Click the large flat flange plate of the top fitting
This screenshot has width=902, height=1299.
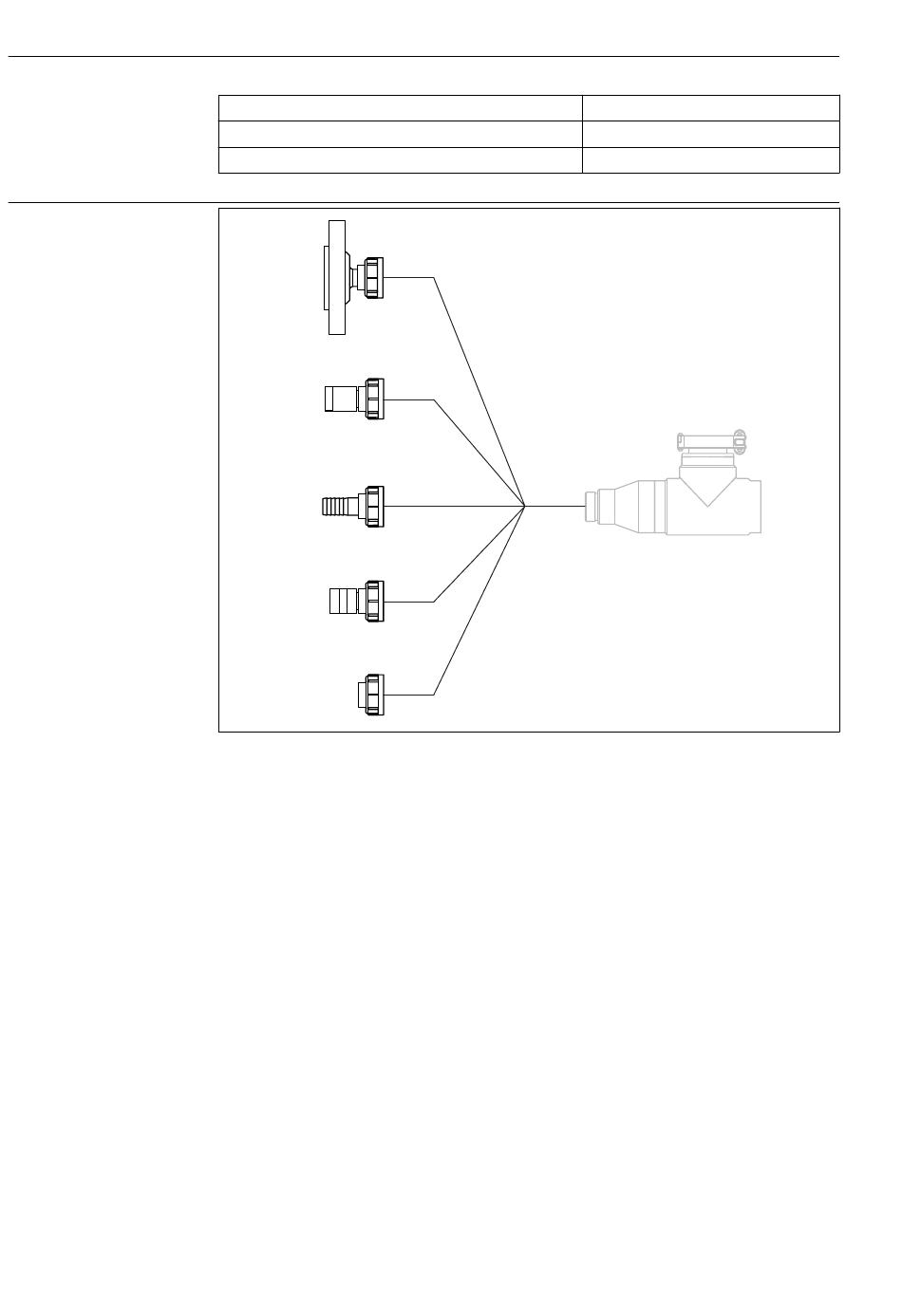(335, 276)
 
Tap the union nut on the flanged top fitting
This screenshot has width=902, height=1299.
(375, 277)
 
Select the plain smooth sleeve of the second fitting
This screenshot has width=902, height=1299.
(339, 399)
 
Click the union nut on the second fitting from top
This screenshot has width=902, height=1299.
(375, 399)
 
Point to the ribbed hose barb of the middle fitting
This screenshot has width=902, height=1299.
(338, 506)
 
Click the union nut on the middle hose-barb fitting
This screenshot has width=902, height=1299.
(375, 506)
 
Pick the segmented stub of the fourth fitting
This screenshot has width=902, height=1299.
(342, 601)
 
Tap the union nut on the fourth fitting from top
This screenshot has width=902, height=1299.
(375, 601)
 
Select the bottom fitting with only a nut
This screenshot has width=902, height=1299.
(370, 695)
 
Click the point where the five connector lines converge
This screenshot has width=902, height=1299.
(525, 506)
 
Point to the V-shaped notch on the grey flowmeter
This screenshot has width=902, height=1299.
(708, 488)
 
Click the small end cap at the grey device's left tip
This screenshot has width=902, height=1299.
(591, 507)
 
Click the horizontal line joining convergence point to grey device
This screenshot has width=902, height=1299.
(554, 506)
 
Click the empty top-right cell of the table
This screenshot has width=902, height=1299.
(710, 107)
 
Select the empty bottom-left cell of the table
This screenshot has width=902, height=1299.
(400, 160)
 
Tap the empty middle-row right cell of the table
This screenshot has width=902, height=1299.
(710, 134)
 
